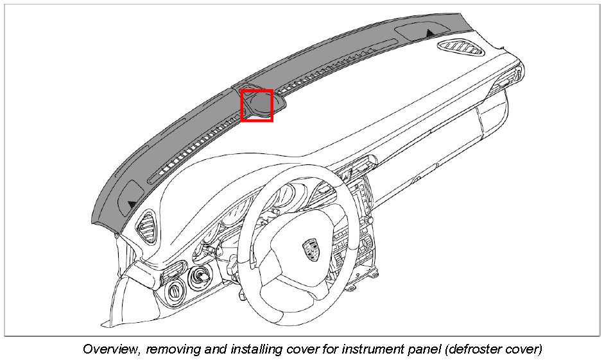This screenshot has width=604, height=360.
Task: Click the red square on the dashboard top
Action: click(x=257, y=105)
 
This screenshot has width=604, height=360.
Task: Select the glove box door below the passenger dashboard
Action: click(x=449, y=138)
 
